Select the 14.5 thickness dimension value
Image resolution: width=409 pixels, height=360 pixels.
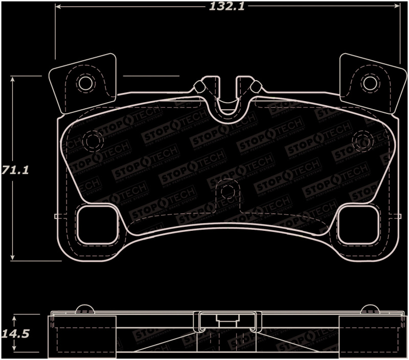[x=15, y=334]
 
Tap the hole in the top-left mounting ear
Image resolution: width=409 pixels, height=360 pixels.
[x=85, y=83]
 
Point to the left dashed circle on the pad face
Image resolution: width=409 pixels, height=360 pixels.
[x=93, y=140]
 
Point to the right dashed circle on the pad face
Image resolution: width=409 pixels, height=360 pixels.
[x=362, y=140]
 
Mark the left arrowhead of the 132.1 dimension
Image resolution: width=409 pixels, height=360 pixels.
[x=58, y=7]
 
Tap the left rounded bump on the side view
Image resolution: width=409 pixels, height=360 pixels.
[x=84, y=309]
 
